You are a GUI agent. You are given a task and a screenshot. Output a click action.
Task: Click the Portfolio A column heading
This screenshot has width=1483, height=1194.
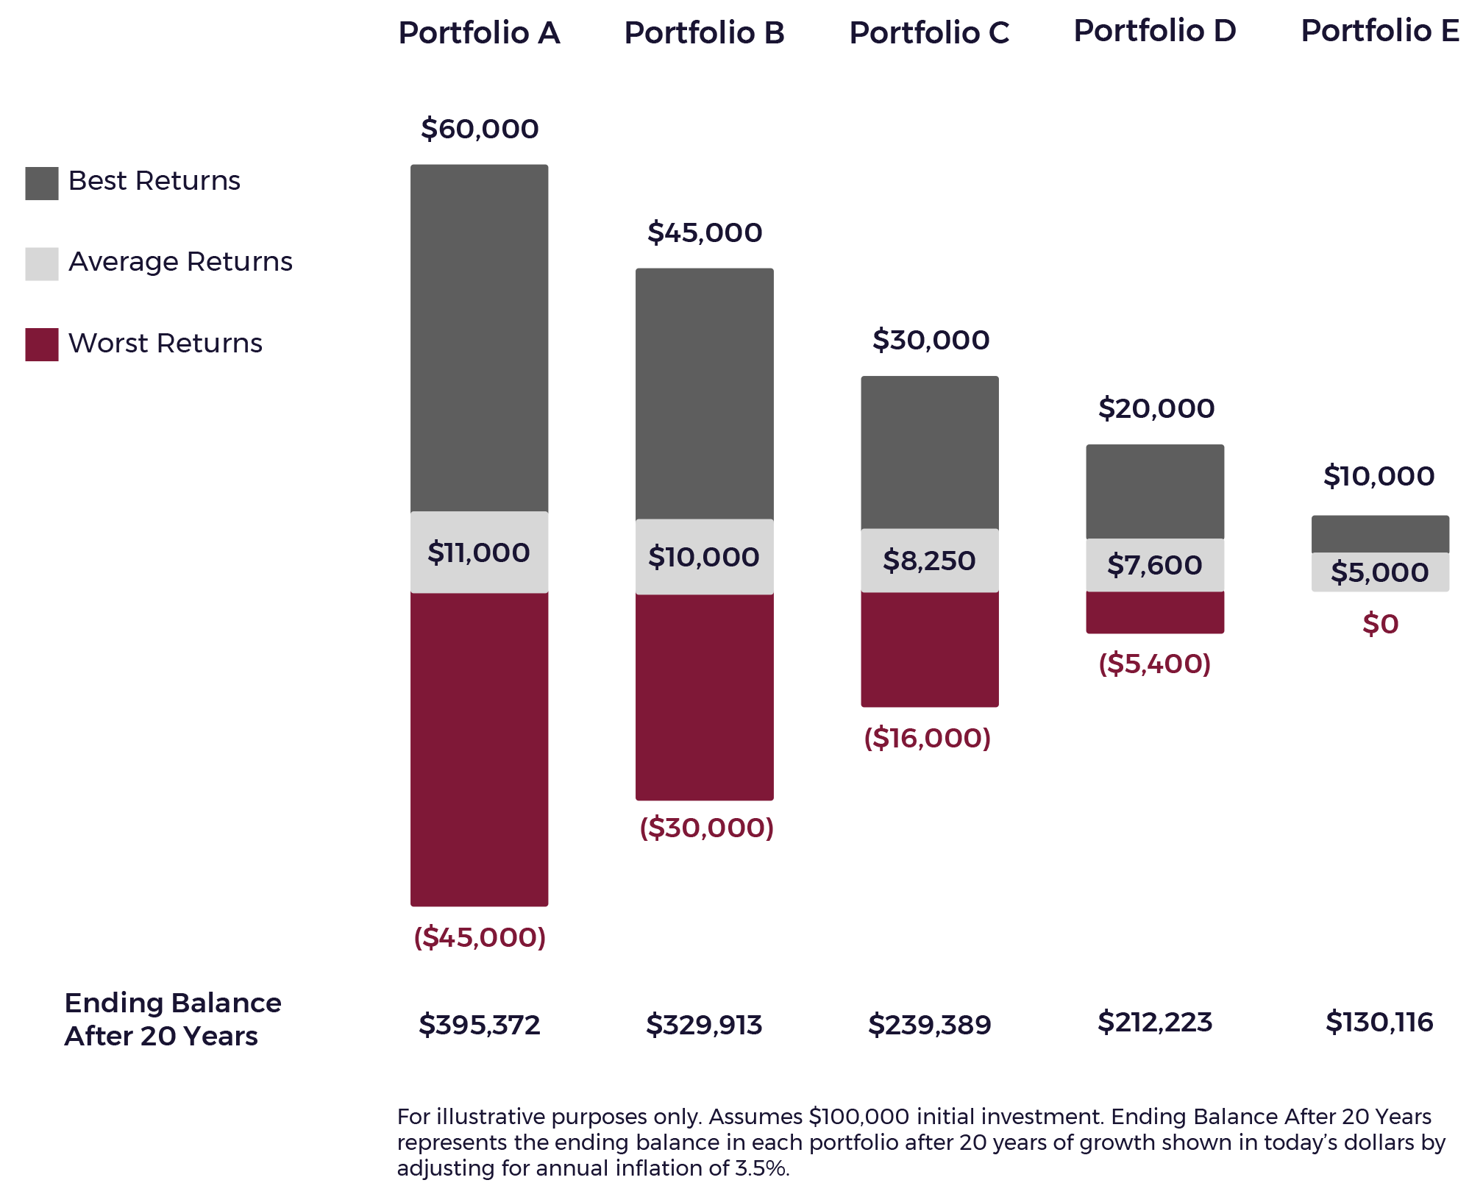point(479,33)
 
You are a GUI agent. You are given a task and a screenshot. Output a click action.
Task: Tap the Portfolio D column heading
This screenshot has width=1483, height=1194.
point(1155,31)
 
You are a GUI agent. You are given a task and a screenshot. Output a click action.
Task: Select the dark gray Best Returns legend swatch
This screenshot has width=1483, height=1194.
point(42,183)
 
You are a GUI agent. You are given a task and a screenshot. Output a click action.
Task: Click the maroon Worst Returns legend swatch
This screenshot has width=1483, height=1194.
point(42,344)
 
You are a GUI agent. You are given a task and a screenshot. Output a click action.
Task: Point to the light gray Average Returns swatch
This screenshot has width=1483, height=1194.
point(42,264)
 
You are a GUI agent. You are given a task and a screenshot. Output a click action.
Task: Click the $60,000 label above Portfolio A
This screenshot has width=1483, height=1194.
point(480,129)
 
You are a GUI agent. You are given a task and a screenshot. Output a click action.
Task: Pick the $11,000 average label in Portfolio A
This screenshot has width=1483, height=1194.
point(479,552)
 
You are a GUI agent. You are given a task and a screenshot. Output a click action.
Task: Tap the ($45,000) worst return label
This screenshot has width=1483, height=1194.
point(480,937)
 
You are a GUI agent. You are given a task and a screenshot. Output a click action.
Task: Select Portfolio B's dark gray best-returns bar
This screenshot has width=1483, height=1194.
point(705,394)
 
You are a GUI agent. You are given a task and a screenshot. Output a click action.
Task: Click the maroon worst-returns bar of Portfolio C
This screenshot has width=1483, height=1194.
point(930,649)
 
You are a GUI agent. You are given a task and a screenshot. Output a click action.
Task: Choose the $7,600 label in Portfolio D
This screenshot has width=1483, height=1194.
point(1155,565)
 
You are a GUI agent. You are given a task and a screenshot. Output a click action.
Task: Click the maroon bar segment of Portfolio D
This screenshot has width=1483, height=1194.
point(1155,612)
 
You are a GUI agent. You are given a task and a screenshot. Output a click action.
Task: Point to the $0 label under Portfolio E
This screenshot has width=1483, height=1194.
point(1380,624)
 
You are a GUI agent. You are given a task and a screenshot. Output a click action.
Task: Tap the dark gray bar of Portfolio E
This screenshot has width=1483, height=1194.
point(1380,534)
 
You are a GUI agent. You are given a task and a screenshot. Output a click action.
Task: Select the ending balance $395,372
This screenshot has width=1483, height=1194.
point(480,1024)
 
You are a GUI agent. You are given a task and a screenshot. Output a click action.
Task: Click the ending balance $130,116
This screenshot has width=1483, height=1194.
point(1379,1022)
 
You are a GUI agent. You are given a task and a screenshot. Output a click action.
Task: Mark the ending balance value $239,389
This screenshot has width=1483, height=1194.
point(930,1024)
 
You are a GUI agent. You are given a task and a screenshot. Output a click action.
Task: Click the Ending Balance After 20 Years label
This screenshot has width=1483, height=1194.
point(173,1019)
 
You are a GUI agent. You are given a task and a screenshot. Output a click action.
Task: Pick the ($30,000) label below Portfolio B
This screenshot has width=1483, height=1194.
point(706,828)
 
